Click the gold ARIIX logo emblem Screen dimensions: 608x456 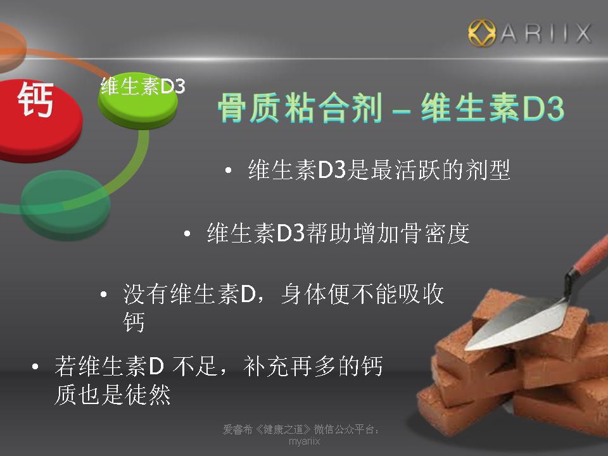(481, 33)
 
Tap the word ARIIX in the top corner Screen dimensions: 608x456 (545, 33)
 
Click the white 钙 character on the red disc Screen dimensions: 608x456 (35, 99)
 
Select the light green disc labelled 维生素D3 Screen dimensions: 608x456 (137, 101)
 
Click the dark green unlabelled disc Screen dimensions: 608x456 (65, 205)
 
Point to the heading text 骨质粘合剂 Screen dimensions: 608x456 (300, 108)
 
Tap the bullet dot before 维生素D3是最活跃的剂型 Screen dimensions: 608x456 (229, 170)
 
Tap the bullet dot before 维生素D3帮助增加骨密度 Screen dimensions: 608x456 (187, 234)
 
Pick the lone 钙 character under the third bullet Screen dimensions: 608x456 (134, 322)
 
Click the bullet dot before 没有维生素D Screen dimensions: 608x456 (103, 294)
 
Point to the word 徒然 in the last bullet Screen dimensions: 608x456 (148, 395)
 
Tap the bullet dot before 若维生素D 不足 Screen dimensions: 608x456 (35, 366)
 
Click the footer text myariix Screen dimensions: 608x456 (305, 441)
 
